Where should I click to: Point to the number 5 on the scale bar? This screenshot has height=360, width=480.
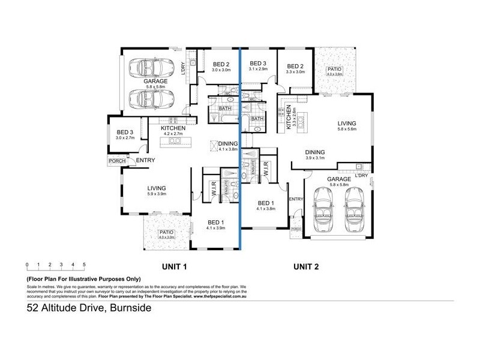pyautogui.click(x=84, y=264)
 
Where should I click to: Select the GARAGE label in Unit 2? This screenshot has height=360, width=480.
pyautogui.click(x=340, y=179)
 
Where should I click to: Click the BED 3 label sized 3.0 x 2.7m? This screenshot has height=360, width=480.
pyautogui.click(x=125, y=133)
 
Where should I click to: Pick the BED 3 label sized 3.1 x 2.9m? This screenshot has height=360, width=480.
pyautogui.click(x=258, y=64)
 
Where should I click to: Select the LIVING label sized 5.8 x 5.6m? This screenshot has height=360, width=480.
pyautogui.click(x=347, y=123)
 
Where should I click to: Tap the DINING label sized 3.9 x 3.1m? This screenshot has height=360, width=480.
pyautogui.click(x=314, y=152)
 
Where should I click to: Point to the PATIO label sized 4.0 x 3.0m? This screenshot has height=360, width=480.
pyautogui.click(x=166, y=232)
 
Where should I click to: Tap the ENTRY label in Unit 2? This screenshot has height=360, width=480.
pyautogui.click(x=296, y=199)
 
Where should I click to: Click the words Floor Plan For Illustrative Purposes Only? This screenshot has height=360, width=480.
pyautogui.click(x=83, y=279)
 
